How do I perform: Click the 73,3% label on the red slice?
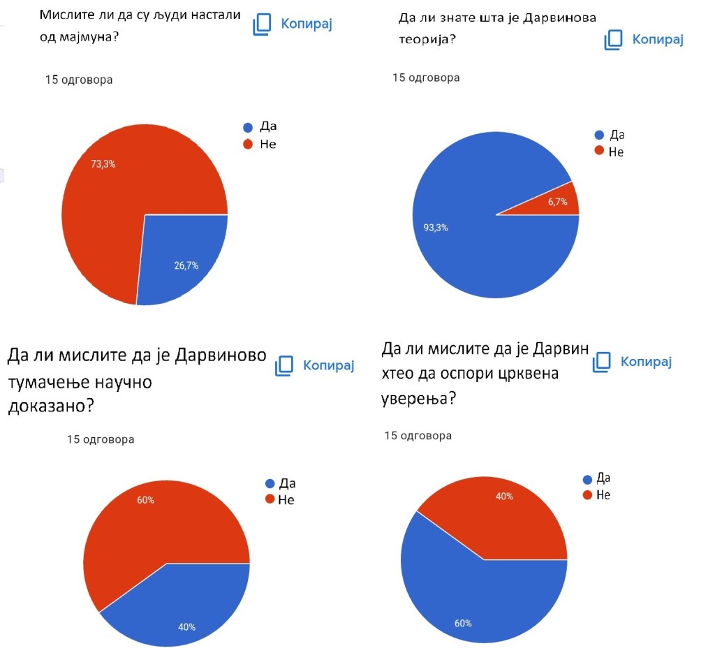(103, 165)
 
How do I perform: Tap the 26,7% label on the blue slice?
(186, 265)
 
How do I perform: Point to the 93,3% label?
(436, 228)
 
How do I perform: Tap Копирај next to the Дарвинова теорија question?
(644, 39)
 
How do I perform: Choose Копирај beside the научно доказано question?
(316, 365)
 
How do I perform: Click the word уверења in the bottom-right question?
(418, 399)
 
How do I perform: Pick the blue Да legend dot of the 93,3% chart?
(598, 135)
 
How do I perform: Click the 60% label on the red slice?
(146, 501)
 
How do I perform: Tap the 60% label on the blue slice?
(464, 623)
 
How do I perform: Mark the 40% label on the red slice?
(504, 497)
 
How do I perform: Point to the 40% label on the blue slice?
(186, 626)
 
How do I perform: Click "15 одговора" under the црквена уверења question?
(418, 436)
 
